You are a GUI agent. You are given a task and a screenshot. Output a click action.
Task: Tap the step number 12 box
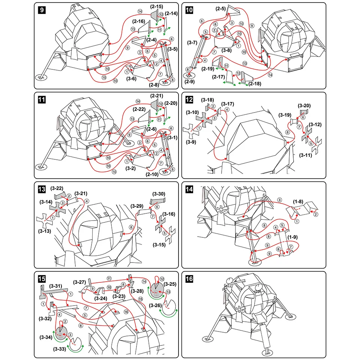click(190, 100)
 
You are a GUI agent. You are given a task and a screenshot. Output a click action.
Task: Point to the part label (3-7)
click(192, 42)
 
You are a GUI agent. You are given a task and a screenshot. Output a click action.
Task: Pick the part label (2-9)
click(190, 81)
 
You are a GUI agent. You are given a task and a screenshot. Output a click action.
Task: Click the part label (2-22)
click(139, 109)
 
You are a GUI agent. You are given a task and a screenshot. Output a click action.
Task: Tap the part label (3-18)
click(207, 100)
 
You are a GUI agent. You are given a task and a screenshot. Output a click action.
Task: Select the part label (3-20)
click(304, 106)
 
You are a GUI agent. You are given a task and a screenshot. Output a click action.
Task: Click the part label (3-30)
click(159, 194)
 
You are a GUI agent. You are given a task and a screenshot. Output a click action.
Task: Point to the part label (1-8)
click(298, 202)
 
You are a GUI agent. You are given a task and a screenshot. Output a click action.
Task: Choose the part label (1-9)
click(293, 237)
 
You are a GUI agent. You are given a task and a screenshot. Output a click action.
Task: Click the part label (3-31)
click(55, 286)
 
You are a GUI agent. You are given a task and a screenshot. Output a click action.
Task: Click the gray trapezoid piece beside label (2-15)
click(154, 14)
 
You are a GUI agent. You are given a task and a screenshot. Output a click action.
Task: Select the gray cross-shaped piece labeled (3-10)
click(204, 119)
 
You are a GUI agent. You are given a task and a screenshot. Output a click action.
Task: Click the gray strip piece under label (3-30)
click(157, 202)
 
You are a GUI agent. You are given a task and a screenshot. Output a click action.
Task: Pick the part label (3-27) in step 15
click(80, 282)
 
